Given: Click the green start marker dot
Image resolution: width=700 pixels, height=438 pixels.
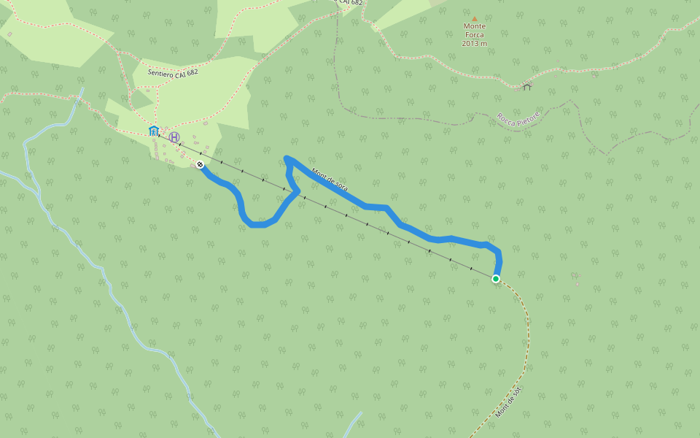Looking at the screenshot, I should [x=496, y=279].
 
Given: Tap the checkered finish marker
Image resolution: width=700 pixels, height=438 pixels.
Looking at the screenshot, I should [x=200, y=164].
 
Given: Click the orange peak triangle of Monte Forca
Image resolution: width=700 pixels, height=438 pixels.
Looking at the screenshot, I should [x=474, y=19].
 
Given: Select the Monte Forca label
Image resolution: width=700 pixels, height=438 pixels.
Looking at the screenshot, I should [x=474, y=30].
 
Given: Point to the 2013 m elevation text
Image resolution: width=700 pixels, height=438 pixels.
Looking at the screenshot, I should [x=474, y=43].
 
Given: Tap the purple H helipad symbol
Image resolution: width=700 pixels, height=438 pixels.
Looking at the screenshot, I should [x=174, y=137].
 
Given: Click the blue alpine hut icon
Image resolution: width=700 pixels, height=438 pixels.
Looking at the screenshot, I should [x=153, y=131].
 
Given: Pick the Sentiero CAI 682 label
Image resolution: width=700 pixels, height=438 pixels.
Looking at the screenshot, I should [x=173, y=73].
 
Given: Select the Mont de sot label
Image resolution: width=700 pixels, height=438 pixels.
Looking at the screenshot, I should [x=508, y=402].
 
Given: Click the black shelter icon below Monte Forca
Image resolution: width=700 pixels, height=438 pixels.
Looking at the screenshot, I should [x=526, y=86].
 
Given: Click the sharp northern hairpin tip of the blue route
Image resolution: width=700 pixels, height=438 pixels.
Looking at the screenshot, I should [x=287, y=158].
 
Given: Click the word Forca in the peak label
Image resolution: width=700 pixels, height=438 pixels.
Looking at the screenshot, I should [x=474, y=34].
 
